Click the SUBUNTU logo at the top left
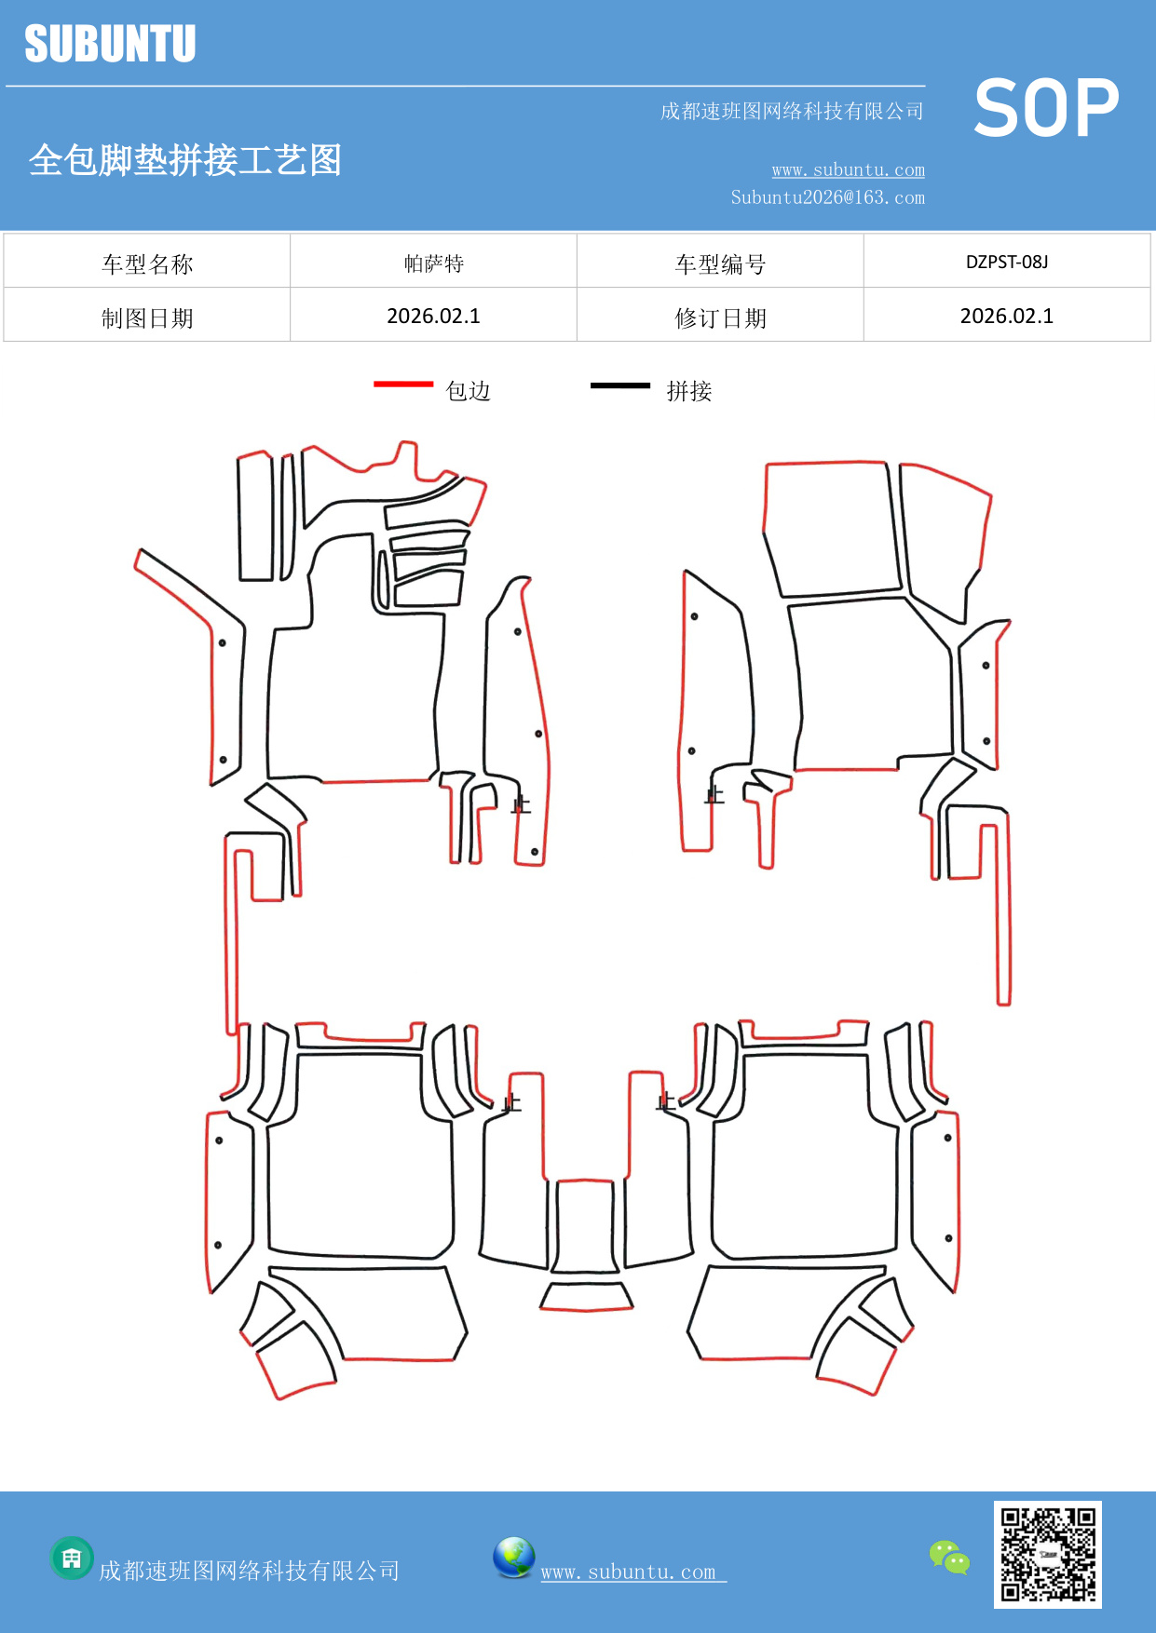pyautogui.click(x=110, y=44)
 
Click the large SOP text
pyautogui.click(x=1045, y=109)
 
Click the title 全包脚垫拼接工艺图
pyautogui.click(x=185, y=160)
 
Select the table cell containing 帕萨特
pyautogui.click(x=433, y=263)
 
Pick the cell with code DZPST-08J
pyautogui.click(x=1006, y=262)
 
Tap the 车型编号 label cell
pyautogui.click(x=720, y=263)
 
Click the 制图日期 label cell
pyautogui.click(x=147, y=317)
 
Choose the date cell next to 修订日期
pyautogui.click(x=1006, y=316)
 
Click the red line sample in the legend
pyautogui.click(x=403, y=384)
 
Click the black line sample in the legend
pyautogui.click(x=620, y=385)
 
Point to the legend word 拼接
pyautogui.click(x=688, y=391)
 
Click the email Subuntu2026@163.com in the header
pyautogui.click(x=827, y=197)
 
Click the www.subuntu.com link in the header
pyautogui.click(x=848, y=170)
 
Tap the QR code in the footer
pyautogui.click(x=1047, y=1554)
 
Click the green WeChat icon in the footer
pyautogui.click(x=948, y=1557)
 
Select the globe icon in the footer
pyautogui.click(x=513, y=1557)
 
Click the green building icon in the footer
pyautogui.click(x=71, y=1558)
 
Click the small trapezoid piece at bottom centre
pyautogui.click(x=587, y=1296)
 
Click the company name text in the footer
pyautogui.click(x=249, y=1571)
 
